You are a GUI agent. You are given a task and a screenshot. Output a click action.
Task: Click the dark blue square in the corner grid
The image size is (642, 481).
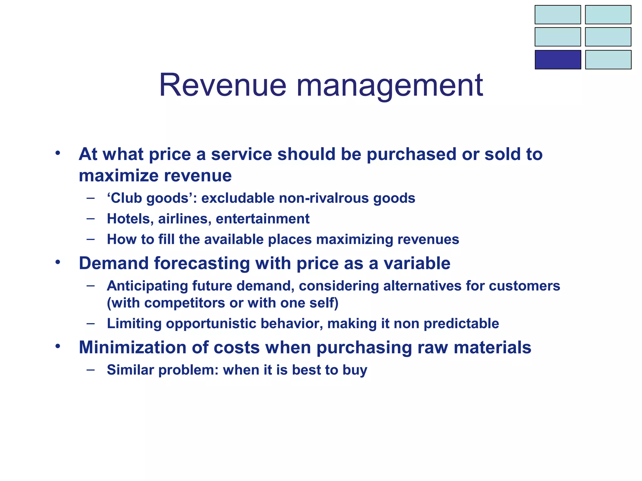coord(558,59)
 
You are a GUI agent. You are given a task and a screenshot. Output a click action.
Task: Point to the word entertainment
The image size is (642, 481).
coord(263,219)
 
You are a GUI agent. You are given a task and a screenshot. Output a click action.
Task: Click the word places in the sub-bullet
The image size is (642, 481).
coord(290,240)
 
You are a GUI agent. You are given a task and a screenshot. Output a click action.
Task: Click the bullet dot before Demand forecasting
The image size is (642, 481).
coord(57,262)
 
